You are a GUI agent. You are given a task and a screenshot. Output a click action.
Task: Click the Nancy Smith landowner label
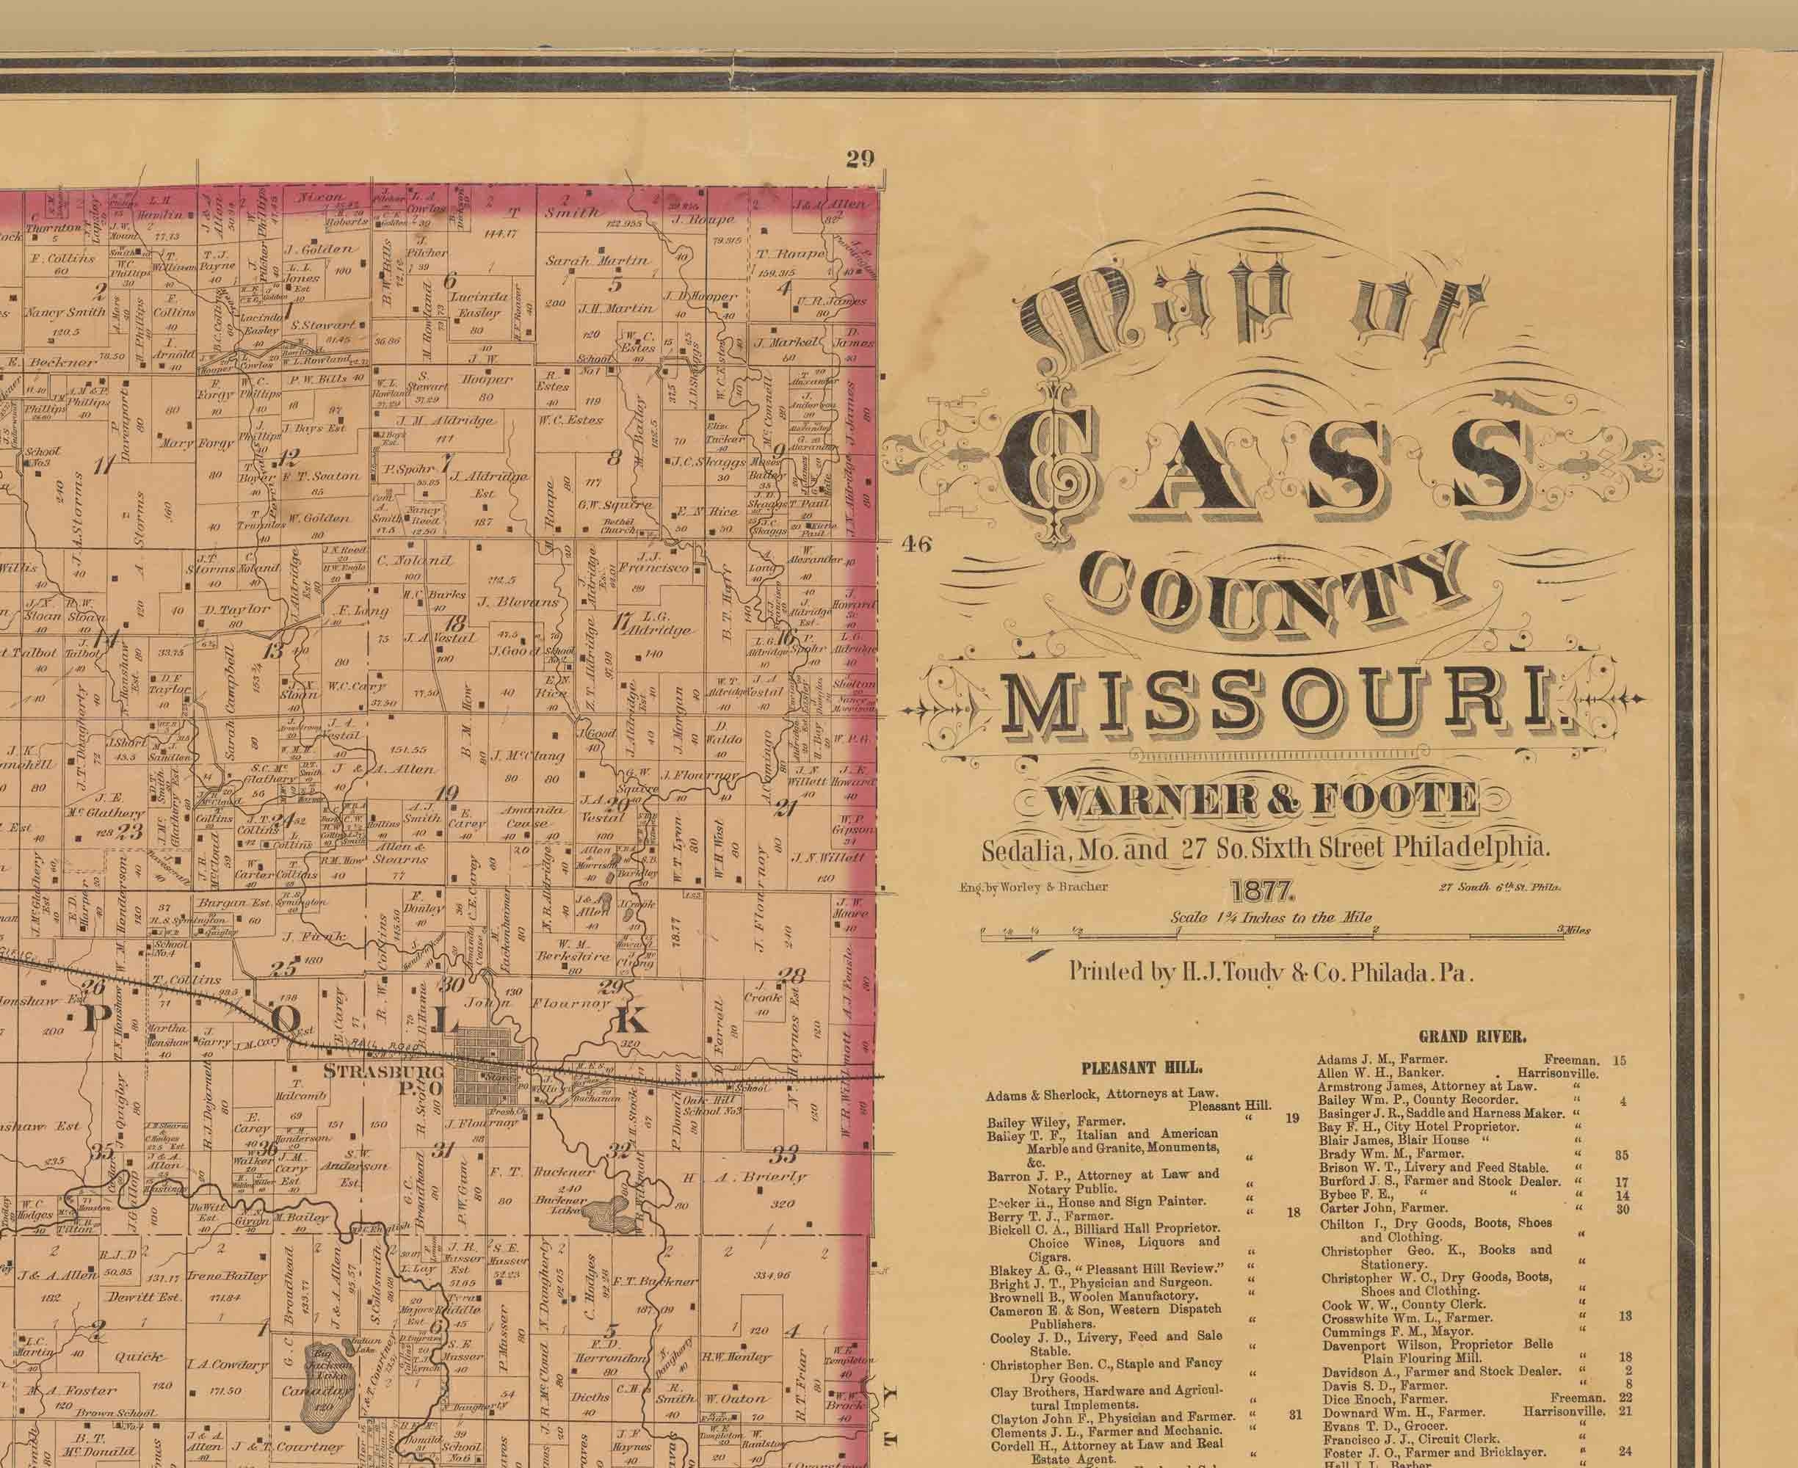65,312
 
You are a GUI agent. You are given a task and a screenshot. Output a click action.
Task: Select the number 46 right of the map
916,544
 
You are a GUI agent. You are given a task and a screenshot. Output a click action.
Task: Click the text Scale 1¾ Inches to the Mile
1270,917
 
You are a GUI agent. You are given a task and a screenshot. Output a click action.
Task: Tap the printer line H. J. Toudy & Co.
1271,972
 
